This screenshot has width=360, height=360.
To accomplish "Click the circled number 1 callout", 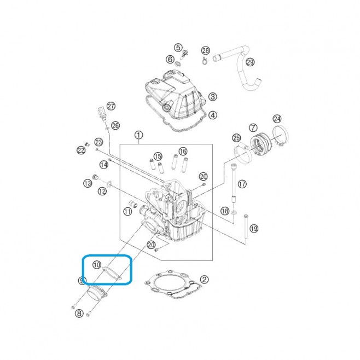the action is click(x=138, y=135).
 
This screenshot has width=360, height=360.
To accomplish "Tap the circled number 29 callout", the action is click(x=250, y=62).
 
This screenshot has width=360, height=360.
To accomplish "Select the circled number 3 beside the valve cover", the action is click(x=213, y=97).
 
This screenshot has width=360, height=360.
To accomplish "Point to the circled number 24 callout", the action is click(x=277, y=119).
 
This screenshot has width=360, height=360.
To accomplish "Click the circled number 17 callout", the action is click(x=242, y=184).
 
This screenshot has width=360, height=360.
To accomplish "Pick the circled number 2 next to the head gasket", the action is click(x=204, y=280).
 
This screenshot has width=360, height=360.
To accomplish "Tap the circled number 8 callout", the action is click(x=79, y=313).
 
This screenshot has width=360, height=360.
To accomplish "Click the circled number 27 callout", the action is click(x=111, y=106).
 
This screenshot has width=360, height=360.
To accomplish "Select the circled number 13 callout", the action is click(x=88, y=183).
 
